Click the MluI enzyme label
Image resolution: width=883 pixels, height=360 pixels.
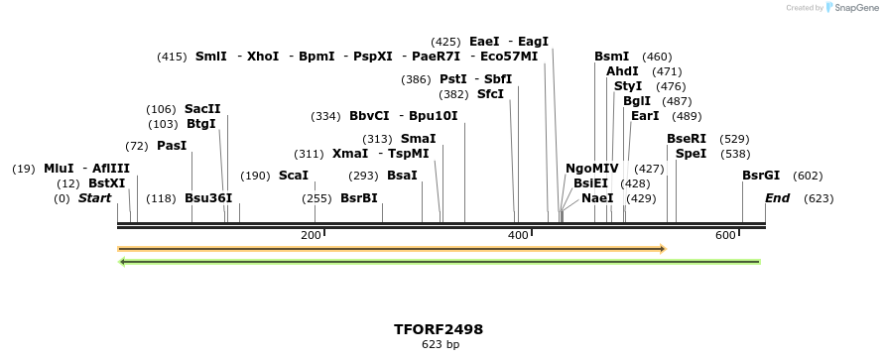(x=59, y=169)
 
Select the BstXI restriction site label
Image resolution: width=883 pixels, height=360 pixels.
(x=107, y=183)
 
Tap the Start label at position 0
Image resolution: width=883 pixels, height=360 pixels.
(x=94, y=198)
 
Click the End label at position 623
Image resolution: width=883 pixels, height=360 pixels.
(x=777, y=198)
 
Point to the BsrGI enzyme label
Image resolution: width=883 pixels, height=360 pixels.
(x=761, y=176)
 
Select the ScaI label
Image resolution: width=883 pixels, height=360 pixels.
(x=294, y=176)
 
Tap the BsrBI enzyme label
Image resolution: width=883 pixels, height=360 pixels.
(x=359, y=198)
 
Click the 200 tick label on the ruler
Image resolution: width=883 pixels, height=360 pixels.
(x=311, y=235)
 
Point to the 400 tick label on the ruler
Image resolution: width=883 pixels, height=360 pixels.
(x=518, y=235)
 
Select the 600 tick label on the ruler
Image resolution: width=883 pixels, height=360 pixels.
(x=725, y=235)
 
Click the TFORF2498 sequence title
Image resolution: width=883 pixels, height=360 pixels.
(x=441, y=329)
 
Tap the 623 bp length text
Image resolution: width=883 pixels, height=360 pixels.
(x=441, y=345)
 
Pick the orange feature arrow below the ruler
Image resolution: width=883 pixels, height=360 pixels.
(x=391, y=249)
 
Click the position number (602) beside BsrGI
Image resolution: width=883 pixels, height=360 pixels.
(x=808, y=176)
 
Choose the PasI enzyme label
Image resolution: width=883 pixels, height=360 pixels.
(x=172, y=146)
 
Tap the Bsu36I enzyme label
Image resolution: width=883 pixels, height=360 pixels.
(x=208, y=198)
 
